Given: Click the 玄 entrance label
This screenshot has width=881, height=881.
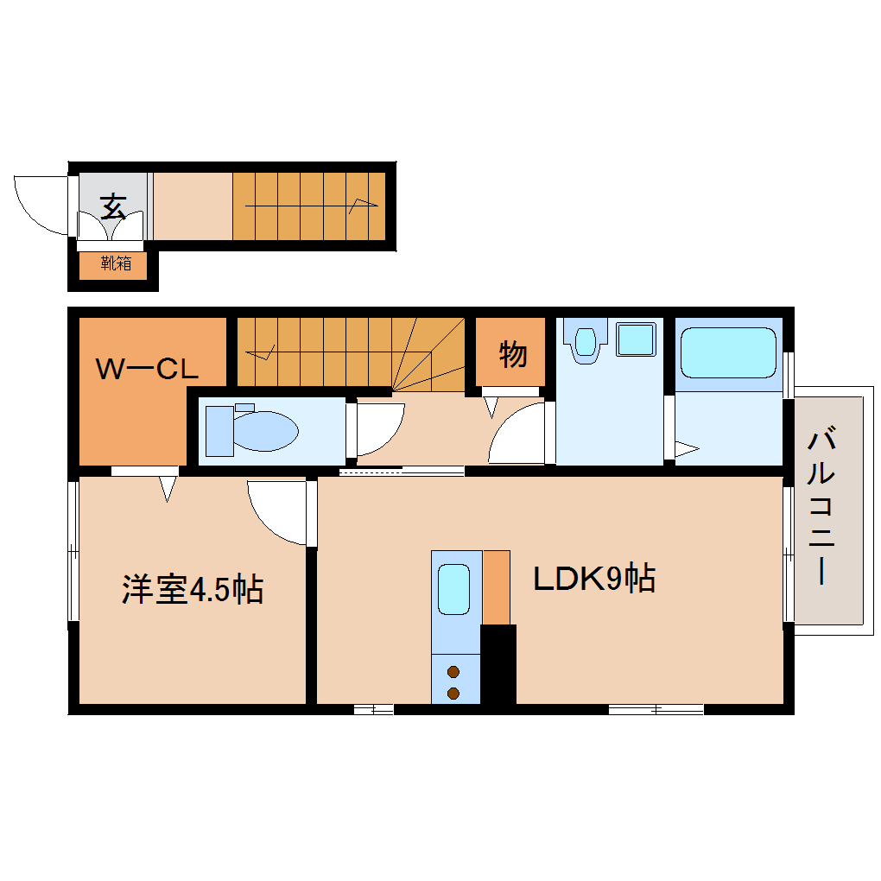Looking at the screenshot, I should pyautogui.click(x=113, y=207).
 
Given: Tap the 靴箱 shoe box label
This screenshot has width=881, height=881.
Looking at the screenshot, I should pyautogui.click(x=116, y=264).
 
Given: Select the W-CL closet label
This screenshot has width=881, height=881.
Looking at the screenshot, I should pyautogui.click(x=147, y=371).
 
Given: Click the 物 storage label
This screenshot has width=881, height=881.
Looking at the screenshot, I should pyautogui.click(x=512, y=353).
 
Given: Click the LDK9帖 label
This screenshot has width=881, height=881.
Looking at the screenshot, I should pyautogui.click(x=594, y=579).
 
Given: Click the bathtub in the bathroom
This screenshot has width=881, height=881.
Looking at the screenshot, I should pyautogui.click(x=728, y=352).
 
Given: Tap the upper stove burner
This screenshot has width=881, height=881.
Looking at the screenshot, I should pyautogui.click(x=453, y=671).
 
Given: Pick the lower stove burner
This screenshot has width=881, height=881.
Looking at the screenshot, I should pyautogui.click(x=453, y=692).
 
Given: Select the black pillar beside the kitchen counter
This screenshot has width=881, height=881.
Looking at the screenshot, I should pyautogui.click(x=498, y=664).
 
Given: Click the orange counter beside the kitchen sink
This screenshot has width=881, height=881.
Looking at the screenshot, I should pyautogui.click(x=496, y=586).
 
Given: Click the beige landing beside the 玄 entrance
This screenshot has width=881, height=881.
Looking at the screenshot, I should pyautogui.click(x=193, y=206).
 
